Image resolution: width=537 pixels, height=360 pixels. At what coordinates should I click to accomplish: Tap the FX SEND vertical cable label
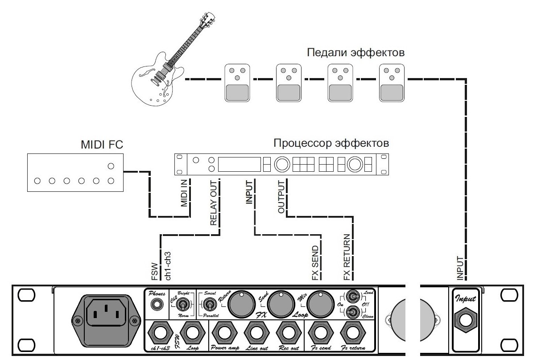click(x=316, y=263)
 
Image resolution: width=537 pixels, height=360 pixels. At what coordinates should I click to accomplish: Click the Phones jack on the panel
click(x=157, y=305)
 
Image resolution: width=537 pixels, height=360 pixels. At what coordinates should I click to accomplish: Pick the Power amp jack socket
click(x=225, y=332)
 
